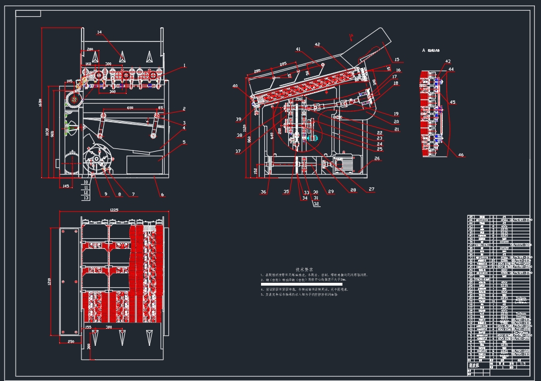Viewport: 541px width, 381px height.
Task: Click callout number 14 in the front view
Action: [x=99, y=33]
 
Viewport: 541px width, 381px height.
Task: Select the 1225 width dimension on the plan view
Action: [x=114, y=210]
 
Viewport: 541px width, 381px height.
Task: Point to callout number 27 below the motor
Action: [x=371, y=189]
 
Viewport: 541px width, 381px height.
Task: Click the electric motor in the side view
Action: [x=341, y=163]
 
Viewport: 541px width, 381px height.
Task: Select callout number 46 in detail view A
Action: [x=461, y=156]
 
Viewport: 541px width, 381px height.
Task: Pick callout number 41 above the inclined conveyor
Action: [x=298, y=50]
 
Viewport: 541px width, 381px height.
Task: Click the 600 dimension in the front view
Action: [x=129, y=107]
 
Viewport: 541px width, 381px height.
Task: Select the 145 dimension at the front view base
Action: [x=66, y=186]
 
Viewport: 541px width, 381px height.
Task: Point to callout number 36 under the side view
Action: [x=264, y=192]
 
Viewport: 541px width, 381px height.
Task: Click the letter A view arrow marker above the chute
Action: [x=350, y=37]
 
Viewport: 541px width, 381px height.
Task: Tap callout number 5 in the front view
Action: [x=183, y=142]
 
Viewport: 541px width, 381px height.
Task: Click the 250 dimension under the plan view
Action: [x=71, y=341]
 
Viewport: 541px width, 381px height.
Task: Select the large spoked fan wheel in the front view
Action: [x=95, y=158]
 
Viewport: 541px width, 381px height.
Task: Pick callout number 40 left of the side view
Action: [x=235, y=86]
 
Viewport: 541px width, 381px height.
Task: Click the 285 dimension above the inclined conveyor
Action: [x=283, y=63]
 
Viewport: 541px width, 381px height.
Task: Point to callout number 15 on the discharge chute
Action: [x=397, y=59]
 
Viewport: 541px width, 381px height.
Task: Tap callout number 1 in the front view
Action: [x=184, y=65]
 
